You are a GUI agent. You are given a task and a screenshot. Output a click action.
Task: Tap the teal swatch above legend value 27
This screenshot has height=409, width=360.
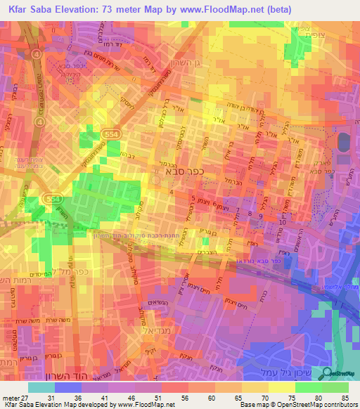tap(41, 387)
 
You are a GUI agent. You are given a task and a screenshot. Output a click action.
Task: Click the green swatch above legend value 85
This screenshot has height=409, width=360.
tap(335, 387)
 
